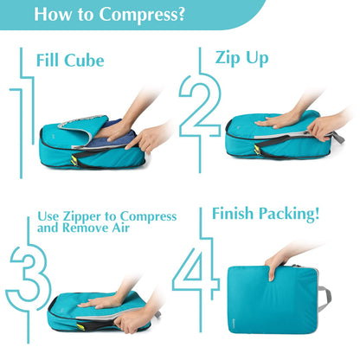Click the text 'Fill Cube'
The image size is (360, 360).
70,61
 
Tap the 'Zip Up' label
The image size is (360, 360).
241,57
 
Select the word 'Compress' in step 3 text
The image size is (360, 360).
148,215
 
